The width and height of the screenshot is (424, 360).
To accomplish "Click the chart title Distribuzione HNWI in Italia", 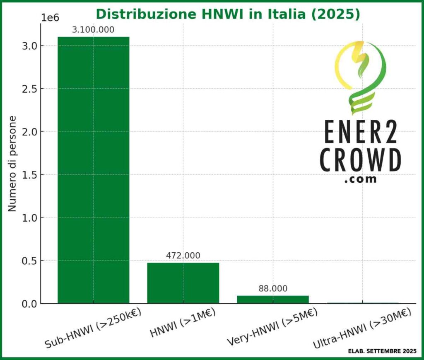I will [x=228, y=14].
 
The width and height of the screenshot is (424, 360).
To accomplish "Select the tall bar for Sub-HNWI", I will [x=93, y=170].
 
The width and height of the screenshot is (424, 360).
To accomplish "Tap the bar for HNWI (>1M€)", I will [x=183, y=283].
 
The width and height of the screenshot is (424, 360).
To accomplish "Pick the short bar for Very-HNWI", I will [x=272, y=299].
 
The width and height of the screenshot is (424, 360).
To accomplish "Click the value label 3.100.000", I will [x=93, y=30].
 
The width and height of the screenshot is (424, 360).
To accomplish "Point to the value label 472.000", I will [x=183, y=256].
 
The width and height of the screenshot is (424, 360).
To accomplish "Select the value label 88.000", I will [x=272, y=289].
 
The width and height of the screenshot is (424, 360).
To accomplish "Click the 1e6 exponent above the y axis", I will [x=51, y=17].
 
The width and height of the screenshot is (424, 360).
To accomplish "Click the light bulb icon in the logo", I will [x=359, y=77].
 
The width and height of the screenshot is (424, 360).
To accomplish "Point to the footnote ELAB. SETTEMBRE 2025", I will [x=382, y=351].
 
